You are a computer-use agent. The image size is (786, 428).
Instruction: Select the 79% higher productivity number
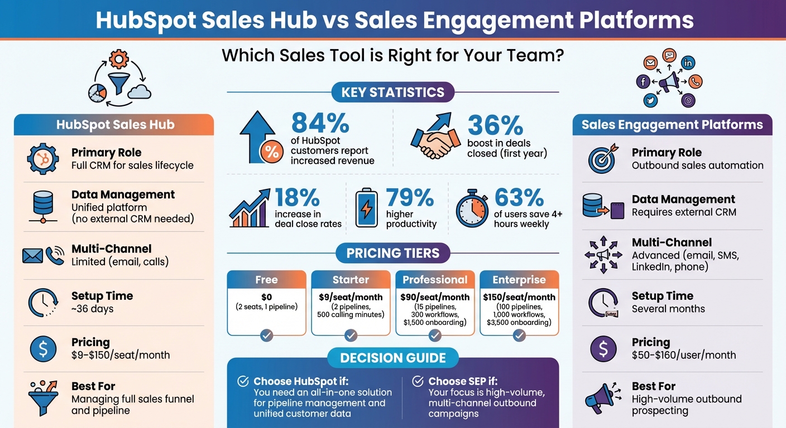[x=410, y=198]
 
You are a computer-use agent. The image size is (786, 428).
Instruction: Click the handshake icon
[x=432, y=137]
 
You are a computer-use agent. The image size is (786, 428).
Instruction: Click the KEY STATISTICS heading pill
[x=393, y=93]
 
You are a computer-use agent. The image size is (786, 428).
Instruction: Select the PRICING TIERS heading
[x=393, y=253]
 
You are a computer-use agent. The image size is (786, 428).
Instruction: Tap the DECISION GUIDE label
[x=393, y=358]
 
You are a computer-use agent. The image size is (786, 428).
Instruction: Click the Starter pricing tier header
[x=351, y=280]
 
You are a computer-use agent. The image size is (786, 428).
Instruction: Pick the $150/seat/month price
[x=519, y=297]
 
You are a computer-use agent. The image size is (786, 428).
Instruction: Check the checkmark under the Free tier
[x=266, y=335]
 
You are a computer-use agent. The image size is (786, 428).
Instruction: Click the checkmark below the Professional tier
[x=435, y=335]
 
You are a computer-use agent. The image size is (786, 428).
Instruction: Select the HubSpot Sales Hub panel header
[x=115, y=125]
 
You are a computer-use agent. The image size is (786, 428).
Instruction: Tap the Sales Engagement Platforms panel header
[x=672, y=125]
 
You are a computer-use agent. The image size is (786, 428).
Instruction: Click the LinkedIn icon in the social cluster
[x=688, y=63]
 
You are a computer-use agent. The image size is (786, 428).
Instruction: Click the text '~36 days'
[x=92, y=309]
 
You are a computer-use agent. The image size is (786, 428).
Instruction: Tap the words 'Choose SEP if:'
[x=462, y=382]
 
